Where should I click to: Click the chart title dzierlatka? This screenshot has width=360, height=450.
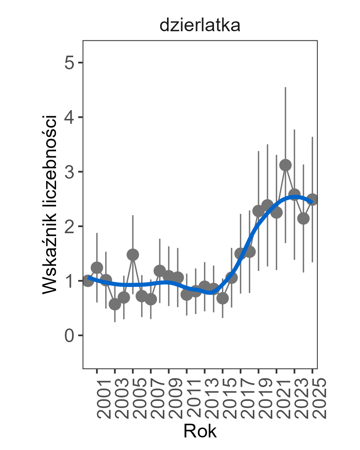(x=200, y=26)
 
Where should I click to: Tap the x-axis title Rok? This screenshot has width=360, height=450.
(x=200, y=431)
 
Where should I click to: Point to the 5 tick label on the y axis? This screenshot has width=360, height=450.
(x=69, y=63)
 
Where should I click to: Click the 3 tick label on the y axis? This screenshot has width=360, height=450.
(x=69, y=172)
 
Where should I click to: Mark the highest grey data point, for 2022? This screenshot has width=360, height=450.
(x=285, y=165)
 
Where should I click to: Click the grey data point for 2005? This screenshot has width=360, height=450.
(x=133, y=255)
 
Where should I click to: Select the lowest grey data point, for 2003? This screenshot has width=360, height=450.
(x=115, y=304)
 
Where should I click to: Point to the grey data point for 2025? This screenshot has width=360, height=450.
(x=312, y=200)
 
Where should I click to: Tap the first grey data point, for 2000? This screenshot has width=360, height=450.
(x=88, y=281)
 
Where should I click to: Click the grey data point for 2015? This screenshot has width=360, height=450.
(x=223, y=298)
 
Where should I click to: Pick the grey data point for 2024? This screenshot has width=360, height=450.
(x=303, y=218)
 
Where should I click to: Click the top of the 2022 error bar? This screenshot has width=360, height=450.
(x=285, y=88)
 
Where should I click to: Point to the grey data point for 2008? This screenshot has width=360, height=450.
(x=160, y=271)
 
